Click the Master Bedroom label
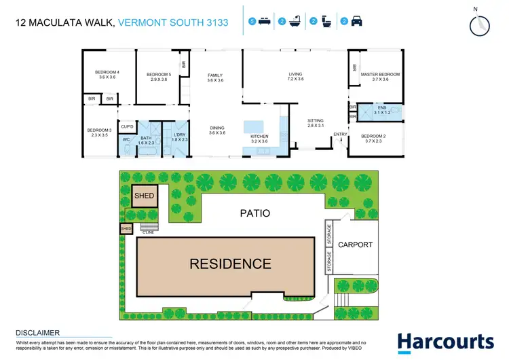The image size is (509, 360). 380,77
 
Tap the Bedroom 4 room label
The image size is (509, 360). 107,75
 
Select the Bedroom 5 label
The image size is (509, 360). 158,77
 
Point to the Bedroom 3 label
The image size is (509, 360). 98,132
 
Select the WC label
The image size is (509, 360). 126,140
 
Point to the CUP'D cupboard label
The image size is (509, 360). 127,126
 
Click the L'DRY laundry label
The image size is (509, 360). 179,139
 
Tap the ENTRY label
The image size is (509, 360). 339,134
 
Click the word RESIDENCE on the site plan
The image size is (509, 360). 229,264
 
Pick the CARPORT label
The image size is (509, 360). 355,245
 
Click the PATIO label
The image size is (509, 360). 254,213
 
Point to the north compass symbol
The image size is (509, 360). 479,23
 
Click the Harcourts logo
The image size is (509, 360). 445,341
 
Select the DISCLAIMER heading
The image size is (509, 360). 37,332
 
